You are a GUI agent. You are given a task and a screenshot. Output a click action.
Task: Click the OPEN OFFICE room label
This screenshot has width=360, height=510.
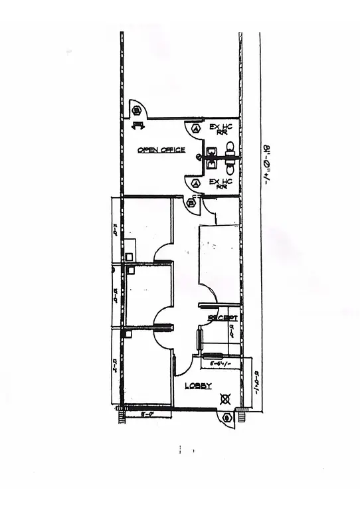click(x=161, y=150)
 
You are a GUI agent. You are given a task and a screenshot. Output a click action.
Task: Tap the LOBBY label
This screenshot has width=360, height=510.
click(x=198, y=386)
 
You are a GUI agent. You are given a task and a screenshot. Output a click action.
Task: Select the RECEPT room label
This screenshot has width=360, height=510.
click(x=223, y=318)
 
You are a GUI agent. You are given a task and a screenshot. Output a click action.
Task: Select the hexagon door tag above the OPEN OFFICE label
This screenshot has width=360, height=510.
click(x=135, y=110)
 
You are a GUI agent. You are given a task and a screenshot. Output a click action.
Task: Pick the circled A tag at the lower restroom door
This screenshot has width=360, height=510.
click(x=195, y=183)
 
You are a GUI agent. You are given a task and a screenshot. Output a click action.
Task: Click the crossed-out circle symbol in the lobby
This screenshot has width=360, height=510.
click(x=226, y=400)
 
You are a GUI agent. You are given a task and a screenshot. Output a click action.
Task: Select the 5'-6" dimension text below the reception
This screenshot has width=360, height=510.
click(x=220, y=364)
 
